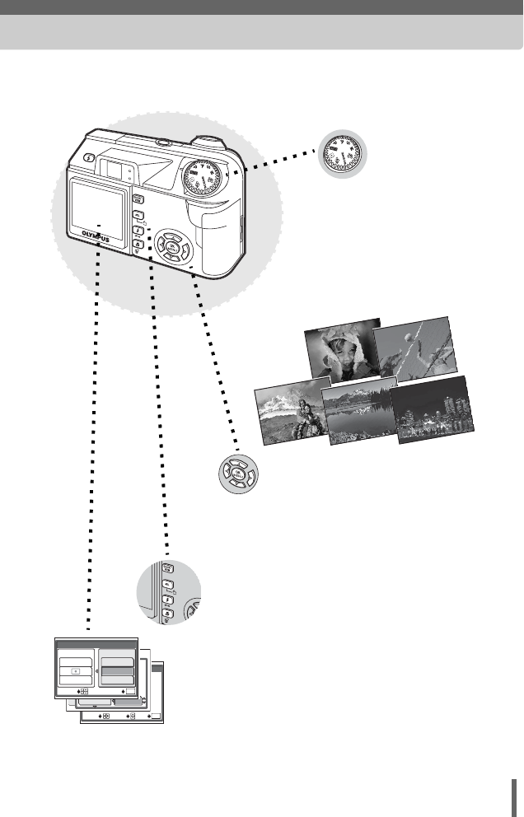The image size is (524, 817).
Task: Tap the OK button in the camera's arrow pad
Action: tap(172, 245)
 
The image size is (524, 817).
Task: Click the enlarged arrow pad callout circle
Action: tap(236, 475)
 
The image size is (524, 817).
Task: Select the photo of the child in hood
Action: tap(341, 350)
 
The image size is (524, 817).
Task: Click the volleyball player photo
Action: tap(414, 348)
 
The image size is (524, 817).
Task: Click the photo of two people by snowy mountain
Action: tap(291, 411)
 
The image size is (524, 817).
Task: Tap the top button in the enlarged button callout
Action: tap(166, 569)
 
